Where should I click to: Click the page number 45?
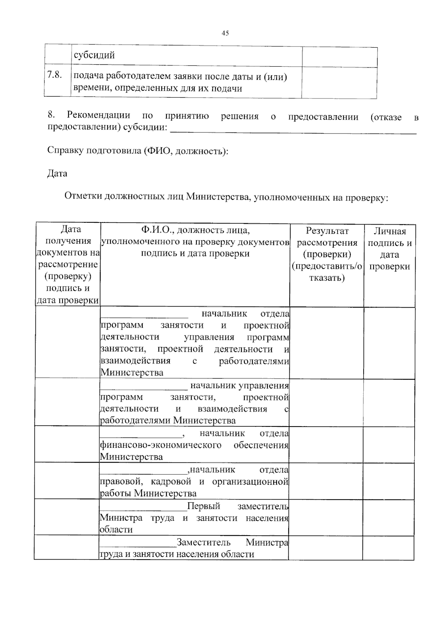[x=225, y=33]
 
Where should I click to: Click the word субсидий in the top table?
[x=94, y=55]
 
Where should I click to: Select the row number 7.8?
[x=54, y=75]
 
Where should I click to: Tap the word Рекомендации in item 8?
[x=98, y=115]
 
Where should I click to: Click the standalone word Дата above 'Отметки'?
[x=57, y=173]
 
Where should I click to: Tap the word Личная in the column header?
[x=390, y=231]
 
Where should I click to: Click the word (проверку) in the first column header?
[x=68, y=276]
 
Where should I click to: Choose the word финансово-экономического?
[x=161, y=445]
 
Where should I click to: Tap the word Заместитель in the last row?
[x=203, y=542]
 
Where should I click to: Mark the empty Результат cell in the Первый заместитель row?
[x=326, y=517]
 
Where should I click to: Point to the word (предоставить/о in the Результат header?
[x=327, y=266]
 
